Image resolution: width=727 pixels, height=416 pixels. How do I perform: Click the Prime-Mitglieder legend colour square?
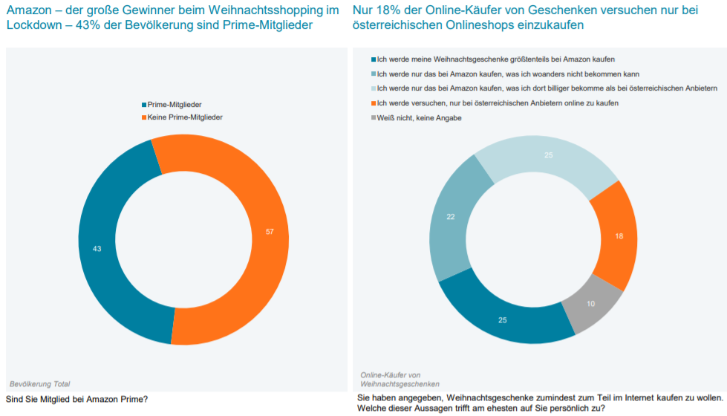144,105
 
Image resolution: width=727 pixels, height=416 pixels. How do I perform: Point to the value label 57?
270,232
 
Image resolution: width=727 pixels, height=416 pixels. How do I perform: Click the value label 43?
97,248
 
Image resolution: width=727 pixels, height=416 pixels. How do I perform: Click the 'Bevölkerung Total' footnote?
40,384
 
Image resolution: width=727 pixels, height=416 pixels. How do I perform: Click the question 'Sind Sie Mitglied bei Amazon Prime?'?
76,399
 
